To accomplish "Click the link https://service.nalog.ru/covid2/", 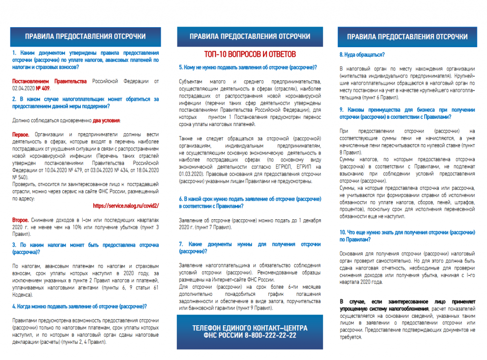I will (126, 205).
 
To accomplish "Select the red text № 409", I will (43, 88).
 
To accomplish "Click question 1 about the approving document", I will (85, 60).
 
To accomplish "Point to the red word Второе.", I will (21, 220).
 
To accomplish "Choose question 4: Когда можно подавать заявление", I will (79, 306).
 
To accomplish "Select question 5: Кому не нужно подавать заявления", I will (248, 68).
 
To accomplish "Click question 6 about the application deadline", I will (249, 202).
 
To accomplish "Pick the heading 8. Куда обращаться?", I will (362, 55).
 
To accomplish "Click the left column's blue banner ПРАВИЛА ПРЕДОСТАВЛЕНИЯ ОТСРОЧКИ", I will (86, 37).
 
